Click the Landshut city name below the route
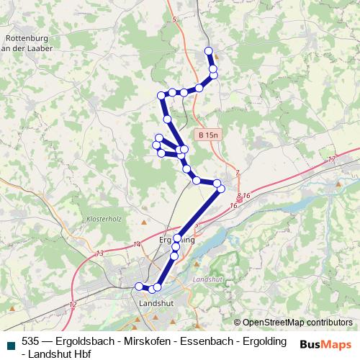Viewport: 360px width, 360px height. click(x=156, y=303)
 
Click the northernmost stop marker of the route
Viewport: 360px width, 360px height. click(x=209, y=50)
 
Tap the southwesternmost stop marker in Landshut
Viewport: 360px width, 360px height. click(x=139, y=287)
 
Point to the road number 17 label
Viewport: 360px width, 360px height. click(x=331, y=158)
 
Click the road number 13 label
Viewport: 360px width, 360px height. click(x=99, y=253)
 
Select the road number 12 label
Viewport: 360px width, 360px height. click(x=73, y=305)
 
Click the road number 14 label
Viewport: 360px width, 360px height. click(x=137, y=245)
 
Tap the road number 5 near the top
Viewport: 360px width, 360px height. click(x=174, y=20)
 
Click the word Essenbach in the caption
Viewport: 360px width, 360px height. click(x=198, y=341)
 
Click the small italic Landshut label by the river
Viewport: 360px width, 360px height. click(x=208, y=278)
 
